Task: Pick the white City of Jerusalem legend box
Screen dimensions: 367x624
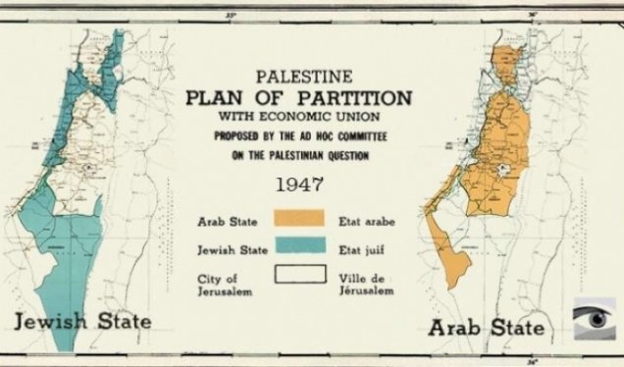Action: (299, 273)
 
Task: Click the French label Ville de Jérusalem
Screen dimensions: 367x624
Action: (371, 286)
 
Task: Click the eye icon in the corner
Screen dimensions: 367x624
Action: (595, 320)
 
